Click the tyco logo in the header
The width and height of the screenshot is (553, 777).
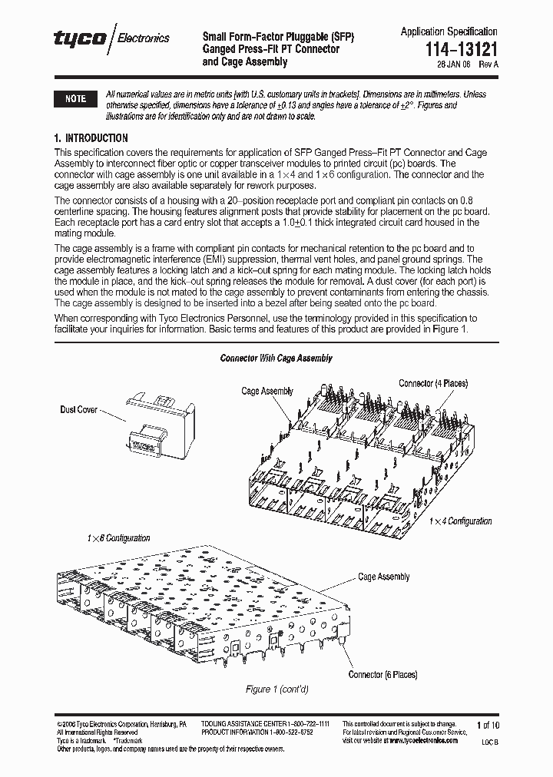[x=80, y=39]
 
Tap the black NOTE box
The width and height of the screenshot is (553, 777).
[x=75, y=99]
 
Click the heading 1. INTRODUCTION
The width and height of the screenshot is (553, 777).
[x=91, y=138]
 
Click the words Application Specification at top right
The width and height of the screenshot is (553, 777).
[x=449, y=31]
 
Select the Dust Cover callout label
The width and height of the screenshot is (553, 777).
[x=78, y=410]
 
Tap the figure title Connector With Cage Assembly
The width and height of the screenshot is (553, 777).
[x=276, y=359]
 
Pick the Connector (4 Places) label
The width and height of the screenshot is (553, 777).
[x=432, y=383]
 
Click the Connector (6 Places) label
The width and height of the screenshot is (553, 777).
[x=382, y=674]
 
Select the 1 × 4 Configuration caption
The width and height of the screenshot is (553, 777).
[x=460, y=521]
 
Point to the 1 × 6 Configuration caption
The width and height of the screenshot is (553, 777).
[x=118, y=538]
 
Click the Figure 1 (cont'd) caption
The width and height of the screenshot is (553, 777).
[x=276, y=689]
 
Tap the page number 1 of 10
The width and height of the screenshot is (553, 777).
[x=488, y=725]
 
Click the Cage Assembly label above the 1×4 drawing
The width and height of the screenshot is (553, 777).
[x=267, y=391]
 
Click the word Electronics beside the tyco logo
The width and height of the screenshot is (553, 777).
[x=143, y=38]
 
